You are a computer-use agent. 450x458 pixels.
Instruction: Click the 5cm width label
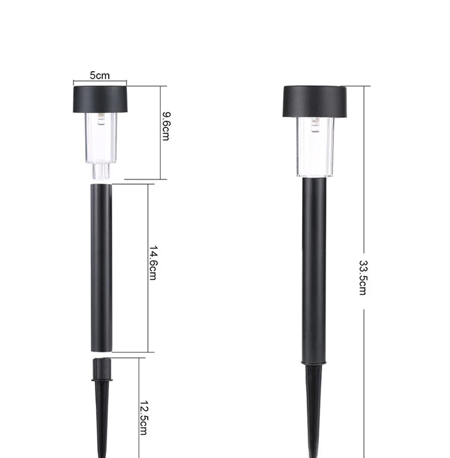pos(100,76)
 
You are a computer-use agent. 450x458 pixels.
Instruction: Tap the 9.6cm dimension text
pos(166,126)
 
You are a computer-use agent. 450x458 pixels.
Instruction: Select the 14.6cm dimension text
pos(153,263)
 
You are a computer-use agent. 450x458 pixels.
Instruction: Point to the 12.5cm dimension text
pos(143,418)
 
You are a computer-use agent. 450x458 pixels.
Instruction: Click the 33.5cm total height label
pos(362,278)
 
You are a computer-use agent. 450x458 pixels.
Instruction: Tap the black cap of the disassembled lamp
pos(100,99)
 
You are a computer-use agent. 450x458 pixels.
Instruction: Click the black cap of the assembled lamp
pos(315,102)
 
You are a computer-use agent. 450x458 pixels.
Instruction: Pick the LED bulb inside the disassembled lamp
pos(101,119)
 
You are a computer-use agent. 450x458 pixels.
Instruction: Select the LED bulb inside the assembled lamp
pos(315,124)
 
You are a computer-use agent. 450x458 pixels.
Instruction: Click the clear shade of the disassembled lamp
pos(101,138)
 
